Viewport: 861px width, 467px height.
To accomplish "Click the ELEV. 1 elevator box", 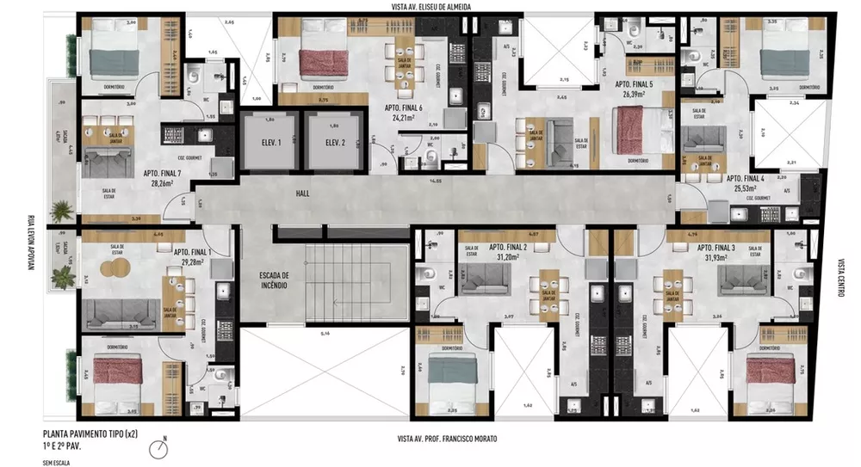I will click(x=266, y=144).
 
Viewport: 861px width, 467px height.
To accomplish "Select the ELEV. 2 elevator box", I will click(x=329, y=144).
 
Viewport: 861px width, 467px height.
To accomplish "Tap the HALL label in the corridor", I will click(x=301, y=194).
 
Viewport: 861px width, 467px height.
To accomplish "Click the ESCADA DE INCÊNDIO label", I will click(x=278, y=281).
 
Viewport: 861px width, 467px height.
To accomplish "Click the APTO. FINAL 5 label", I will click(x=633, y=84).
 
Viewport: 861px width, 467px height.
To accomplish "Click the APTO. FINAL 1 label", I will click(x=192, y=252).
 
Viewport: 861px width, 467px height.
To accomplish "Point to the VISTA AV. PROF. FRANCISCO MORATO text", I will click(x=447, y=438).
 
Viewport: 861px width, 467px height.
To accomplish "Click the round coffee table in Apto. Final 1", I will click(x=114, y=268).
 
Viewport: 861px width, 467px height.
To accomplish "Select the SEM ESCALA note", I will click(x=56, y=462).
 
